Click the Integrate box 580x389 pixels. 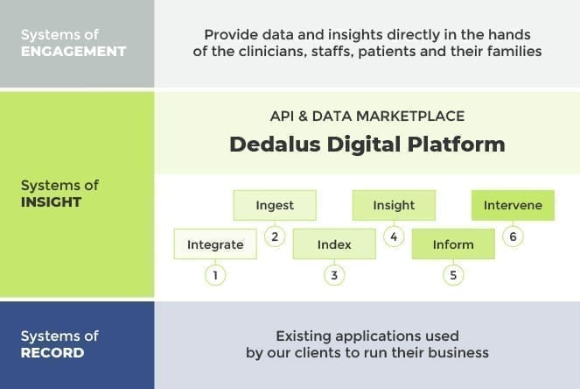[215, 244]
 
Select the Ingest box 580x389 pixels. [275, 205]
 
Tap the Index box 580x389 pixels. [334, 244]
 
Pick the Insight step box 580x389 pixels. [394, 205]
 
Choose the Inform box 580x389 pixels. [453, 244]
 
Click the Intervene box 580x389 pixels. [513, 205]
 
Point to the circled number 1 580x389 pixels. [215, 275]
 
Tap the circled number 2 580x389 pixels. [275, 237]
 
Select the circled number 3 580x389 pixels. [334, 275]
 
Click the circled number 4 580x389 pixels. [394, 237]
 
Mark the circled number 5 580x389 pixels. [453, 275]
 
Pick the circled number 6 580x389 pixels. [513, 237]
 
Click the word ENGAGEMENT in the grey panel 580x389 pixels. [73, 51]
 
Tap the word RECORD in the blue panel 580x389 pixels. [52, 353]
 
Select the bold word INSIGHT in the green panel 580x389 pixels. [51, 202]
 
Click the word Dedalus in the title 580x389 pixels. [275, 144]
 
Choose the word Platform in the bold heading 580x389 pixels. [457, 144]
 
